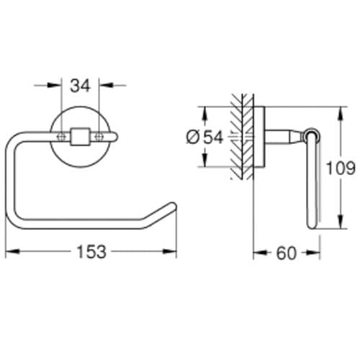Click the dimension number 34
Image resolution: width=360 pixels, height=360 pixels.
point(80,86)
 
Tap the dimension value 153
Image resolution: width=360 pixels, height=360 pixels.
point(91,251)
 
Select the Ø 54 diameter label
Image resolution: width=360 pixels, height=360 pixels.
point(204,138)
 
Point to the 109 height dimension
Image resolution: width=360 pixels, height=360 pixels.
point(341,168)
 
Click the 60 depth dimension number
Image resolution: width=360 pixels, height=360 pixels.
point(287,253)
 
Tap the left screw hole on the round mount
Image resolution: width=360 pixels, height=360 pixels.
point(61,136)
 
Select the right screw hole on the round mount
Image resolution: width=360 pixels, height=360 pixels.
point(99,136)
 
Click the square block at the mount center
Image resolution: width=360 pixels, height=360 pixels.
point(80,136)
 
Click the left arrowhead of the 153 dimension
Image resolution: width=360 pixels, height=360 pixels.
point(12,251)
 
